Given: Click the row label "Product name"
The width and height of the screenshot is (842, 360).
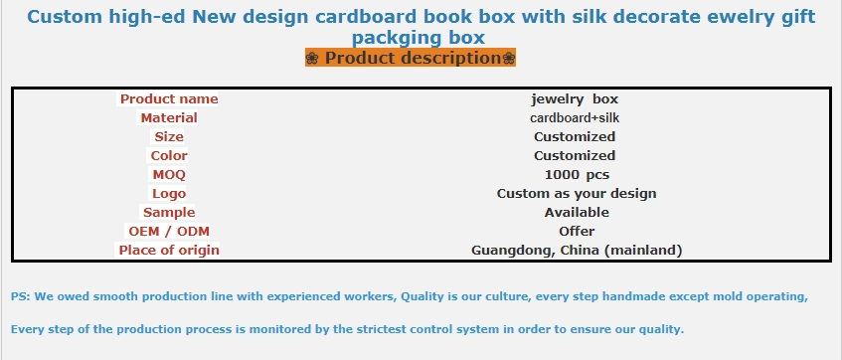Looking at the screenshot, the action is (169, 98).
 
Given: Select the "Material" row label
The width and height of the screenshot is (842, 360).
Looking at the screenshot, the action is (169, 117).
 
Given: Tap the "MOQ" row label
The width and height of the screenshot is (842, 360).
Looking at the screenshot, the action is (169, 175).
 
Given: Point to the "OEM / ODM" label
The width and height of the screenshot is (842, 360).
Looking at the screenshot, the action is (169, 231).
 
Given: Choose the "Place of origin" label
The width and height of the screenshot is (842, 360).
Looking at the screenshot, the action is (169, 250).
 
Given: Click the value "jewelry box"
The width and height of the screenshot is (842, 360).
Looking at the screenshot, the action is (575, 98).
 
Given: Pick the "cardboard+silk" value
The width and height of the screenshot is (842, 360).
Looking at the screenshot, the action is (575, 117).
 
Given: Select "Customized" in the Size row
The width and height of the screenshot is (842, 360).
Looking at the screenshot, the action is (575, 136).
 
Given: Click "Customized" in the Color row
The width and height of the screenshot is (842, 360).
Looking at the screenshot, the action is (575, 155).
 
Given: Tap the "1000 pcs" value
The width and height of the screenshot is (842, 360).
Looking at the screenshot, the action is (577, 175).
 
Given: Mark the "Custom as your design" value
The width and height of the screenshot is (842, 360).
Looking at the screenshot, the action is (577, 194).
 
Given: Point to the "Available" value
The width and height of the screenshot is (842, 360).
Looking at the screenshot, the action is (577, 212).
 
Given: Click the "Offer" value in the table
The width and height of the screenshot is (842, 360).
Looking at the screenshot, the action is (577, 231).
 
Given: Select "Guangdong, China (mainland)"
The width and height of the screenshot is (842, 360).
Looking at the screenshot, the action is (577, 250).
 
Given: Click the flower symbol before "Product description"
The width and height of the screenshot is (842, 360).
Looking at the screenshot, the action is (312, 58).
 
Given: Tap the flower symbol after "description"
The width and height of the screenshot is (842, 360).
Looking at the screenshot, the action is (509, 58).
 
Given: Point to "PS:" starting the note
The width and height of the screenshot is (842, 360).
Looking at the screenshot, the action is (21, 296).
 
